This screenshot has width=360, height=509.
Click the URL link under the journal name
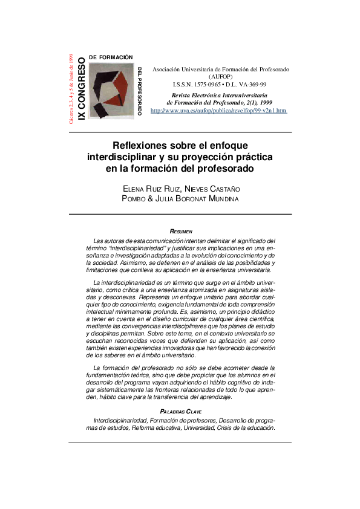tap(218, 111)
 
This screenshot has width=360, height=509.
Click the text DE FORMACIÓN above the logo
tap(111, 57)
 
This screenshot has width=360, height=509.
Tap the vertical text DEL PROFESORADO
tap(140, 91)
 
